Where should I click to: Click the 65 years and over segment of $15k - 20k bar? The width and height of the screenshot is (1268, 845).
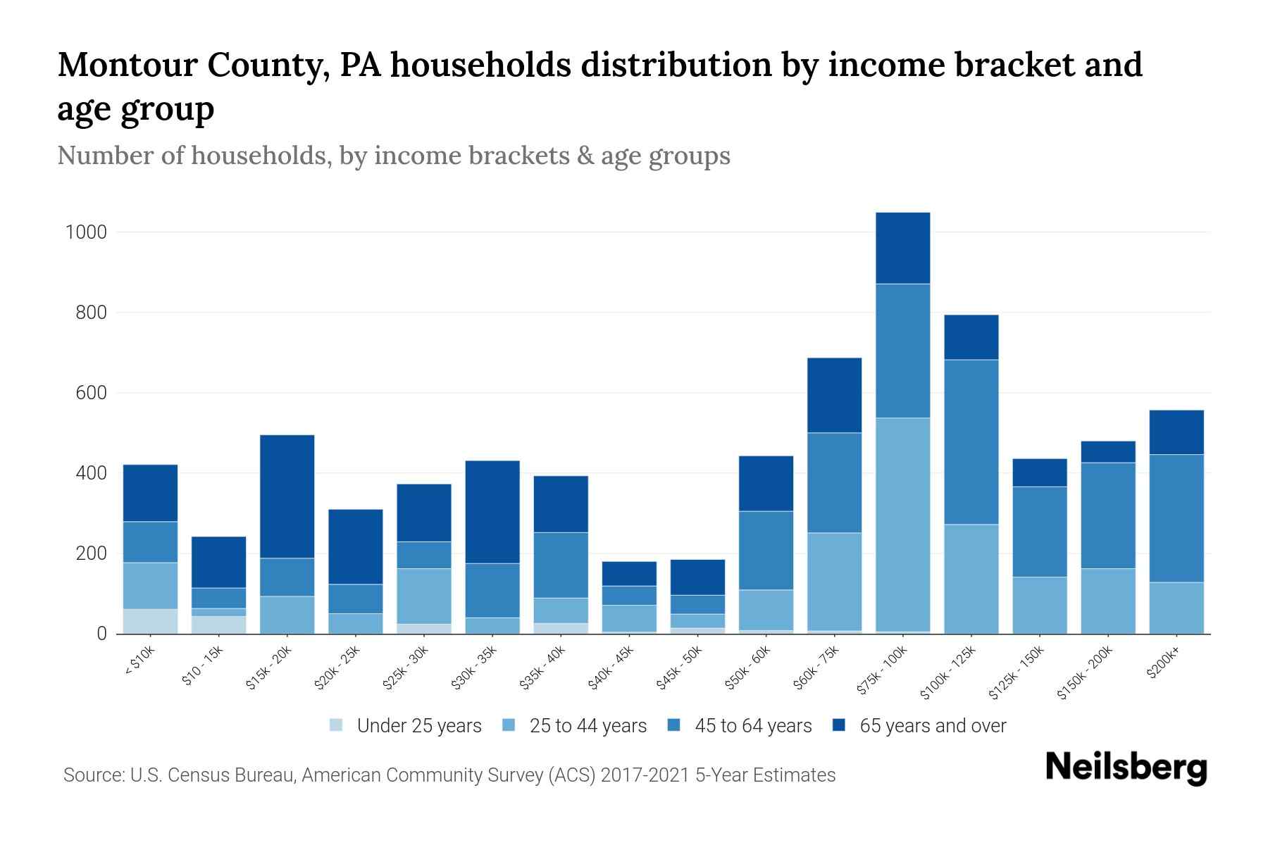(287, 496)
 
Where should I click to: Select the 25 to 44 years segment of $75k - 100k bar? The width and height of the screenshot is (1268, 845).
(902, 525)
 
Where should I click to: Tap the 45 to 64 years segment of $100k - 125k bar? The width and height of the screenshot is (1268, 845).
(971, 442)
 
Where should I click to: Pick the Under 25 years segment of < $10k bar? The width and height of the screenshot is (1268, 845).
(150, 621)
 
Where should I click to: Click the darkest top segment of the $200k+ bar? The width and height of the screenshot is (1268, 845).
(1176, 432)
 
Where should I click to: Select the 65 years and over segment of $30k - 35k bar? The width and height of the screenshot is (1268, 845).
(492, 512)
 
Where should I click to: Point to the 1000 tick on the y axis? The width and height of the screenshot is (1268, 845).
(85, 232)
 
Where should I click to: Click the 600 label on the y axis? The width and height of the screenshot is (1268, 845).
(91, 393)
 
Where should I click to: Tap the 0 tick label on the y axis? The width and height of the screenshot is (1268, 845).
(101, 634)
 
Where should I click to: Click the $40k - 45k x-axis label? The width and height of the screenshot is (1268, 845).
(614, 667)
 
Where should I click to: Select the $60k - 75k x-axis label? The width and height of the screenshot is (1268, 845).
(819, 667)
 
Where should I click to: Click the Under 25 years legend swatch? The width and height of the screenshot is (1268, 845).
(337, 725)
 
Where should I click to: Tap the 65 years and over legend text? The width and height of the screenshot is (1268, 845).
(932, 725)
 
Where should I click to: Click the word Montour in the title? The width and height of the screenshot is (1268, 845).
(124, 65)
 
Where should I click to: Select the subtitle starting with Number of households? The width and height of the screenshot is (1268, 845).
(393, 156)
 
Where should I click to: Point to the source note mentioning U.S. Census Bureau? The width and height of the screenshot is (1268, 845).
(449, 775)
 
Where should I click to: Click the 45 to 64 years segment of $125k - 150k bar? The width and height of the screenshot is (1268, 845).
(1039, 532)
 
